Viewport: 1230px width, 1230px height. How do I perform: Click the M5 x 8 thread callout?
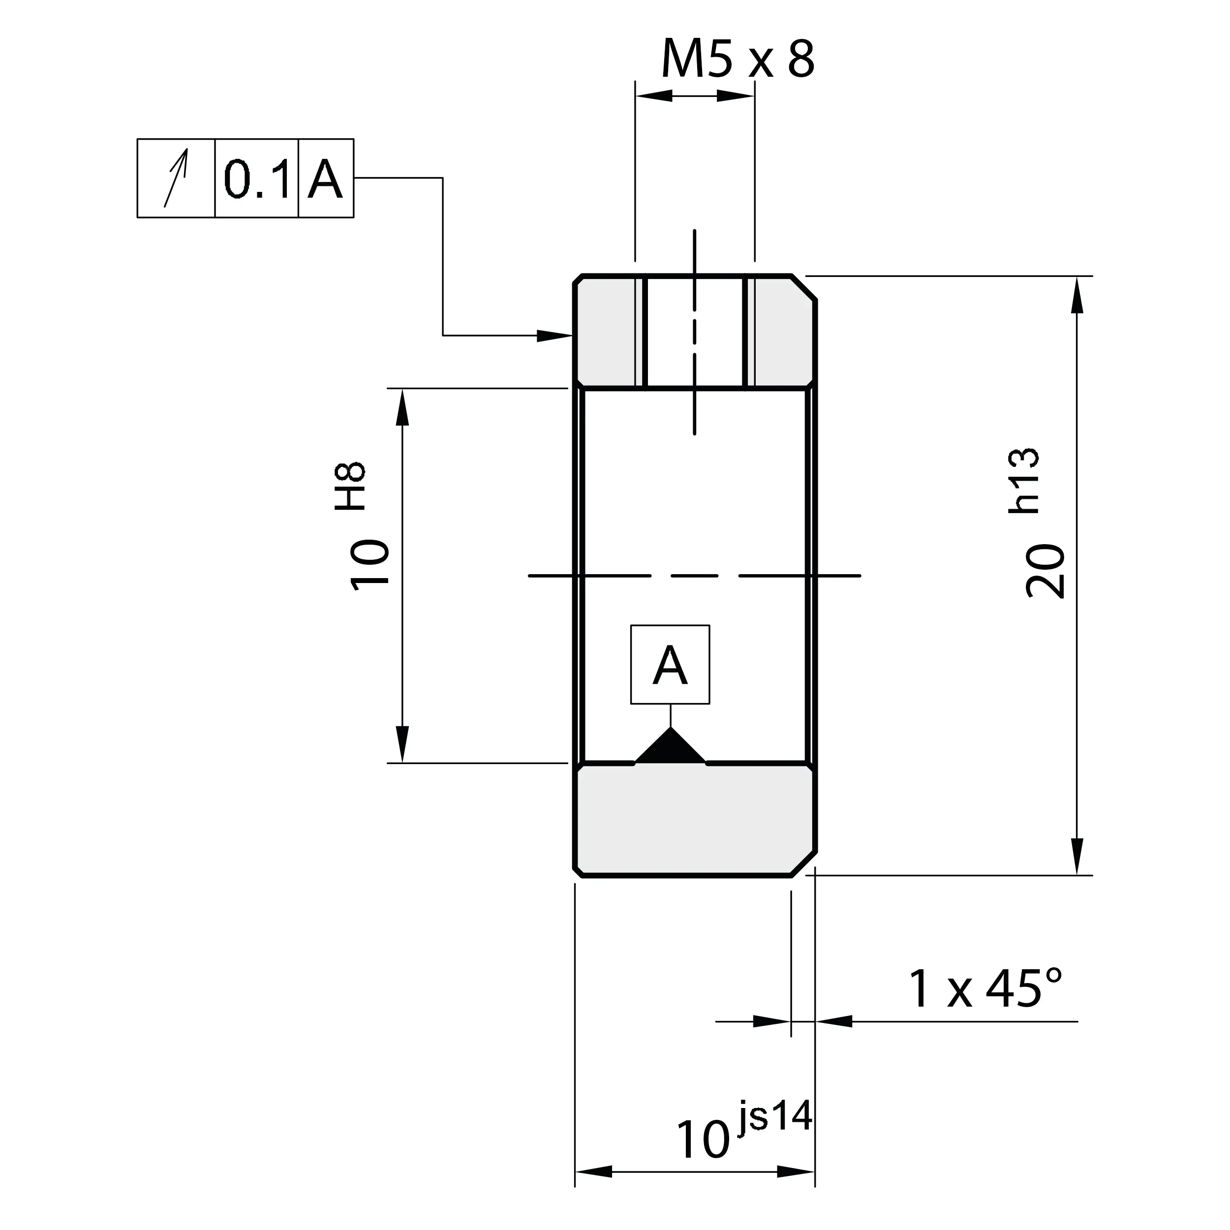(x=737, y=59)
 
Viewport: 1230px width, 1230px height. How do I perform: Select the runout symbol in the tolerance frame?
(x=176, y=178)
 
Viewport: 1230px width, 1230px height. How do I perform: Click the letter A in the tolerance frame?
(x=325, y=179)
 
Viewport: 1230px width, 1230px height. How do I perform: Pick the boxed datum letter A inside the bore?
(x=670, y=665)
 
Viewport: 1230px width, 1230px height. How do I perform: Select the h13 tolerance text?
(x=1024, y=481)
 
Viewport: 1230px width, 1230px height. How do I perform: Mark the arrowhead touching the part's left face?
(x=554, y=336)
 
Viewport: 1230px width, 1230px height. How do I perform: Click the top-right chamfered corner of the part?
(x=803, y=288)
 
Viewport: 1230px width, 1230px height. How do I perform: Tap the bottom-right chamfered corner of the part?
(x=803, y=863)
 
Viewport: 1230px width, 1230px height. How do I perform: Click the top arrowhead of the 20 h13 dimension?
(x=1076, y=294)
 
